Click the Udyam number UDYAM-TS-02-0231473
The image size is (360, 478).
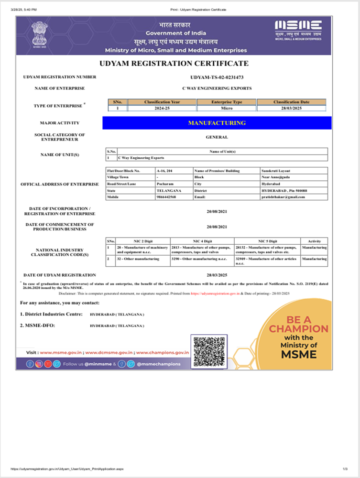(217, 77)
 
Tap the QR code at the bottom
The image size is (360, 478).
(208, 351)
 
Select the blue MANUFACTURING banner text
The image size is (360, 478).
(217, 123)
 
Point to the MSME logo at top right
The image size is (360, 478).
(298, 30)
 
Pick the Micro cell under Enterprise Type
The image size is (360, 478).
(227, 108)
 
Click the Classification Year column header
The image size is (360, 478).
(163, 102)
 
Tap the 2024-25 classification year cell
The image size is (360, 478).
(163, 108)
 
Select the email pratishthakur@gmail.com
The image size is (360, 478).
(283, 197)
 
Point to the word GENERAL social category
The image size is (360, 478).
(217, 137)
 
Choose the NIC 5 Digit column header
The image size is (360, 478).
(267, 241)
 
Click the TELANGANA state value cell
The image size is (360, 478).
(167, 190)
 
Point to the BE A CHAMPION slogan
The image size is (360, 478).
(298, 325)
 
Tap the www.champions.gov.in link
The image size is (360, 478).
(163, 352)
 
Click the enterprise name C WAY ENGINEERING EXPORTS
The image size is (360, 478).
(217, 88)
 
